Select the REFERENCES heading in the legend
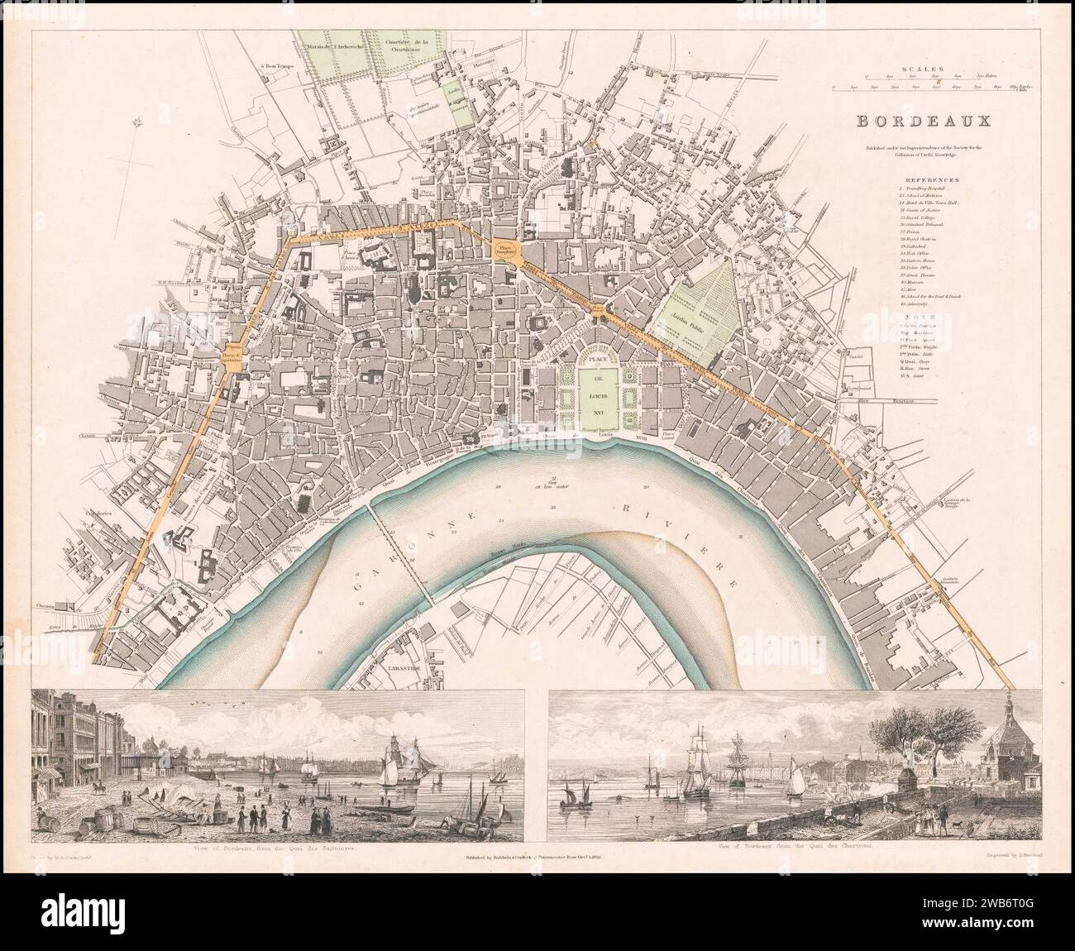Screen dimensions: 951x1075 point(931,178)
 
